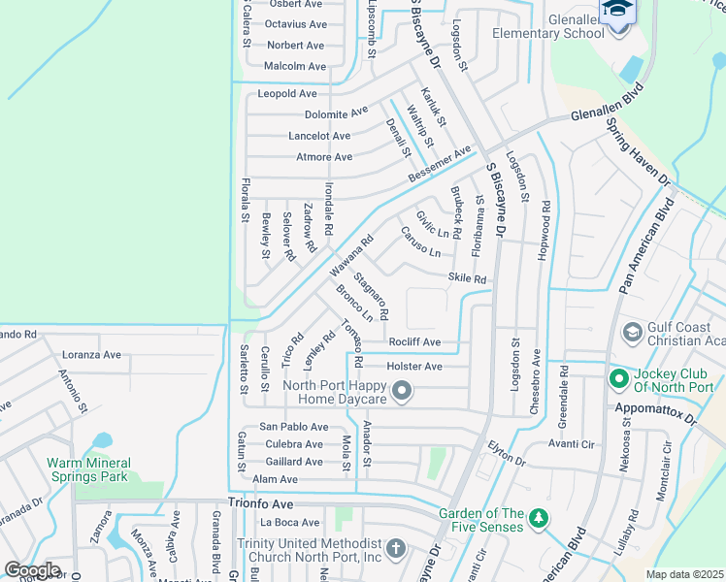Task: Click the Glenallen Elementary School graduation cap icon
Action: tap(616, 11)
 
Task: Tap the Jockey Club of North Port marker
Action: tap(617, 377)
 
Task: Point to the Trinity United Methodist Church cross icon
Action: tap(394, 549)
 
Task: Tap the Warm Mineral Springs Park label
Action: tap(87, 469)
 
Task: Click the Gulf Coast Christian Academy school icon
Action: tap(631, 333)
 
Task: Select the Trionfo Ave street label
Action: tap(260, 503)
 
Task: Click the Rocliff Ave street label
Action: tap(414, 342)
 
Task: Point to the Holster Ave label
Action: tap(414, 366)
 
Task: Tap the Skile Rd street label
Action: tap(467, 278)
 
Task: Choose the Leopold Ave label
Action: tap(287, 94)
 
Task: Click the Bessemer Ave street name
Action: tap(440, 165)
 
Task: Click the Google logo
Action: tap(32, 569)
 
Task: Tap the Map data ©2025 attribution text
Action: tap(684, 574)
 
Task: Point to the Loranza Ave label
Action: tap(88, 355)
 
